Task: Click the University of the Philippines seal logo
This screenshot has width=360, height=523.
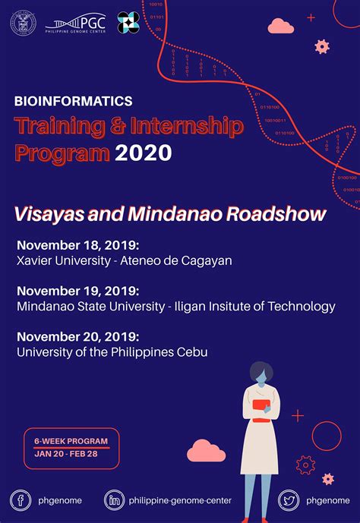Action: tap(23, 23)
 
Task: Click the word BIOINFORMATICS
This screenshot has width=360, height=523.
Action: tap(74, 100)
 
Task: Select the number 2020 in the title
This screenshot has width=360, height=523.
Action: tap(144, 153)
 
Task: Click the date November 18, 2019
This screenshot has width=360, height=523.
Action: tap(78, 245)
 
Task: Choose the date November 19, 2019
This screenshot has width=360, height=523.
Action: tap(78, 291)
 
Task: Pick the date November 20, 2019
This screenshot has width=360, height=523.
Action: tap(78, 336)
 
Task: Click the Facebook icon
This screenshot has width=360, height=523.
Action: tap(21, 500)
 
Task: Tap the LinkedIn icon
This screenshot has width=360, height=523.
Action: tap(115, 500)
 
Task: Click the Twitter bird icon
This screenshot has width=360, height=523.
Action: tap(289, 500)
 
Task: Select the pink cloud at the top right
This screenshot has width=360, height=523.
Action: tap(281, 27)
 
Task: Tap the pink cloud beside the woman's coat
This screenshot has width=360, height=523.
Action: tap(206, 451)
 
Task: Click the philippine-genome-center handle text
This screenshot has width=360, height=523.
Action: tap(180, 501)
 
